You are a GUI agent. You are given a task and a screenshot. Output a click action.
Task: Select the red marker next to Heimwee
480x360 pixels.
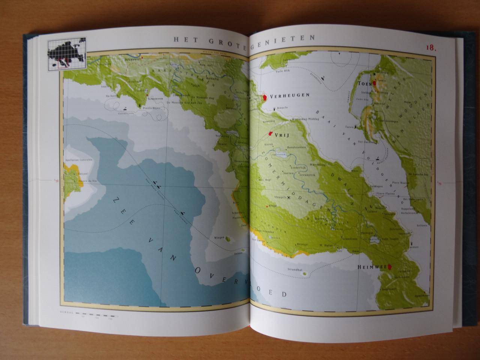pos(390,267)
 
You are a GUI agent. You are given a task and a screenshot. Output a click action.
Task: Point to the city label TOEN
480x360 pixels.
pos(364,84)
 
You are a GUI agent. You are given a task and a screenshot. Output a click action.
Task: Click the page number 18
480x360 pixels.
pos(430,48)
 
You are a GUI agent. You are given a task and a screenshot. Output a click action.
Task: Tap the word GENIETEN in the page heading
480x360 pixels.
pos(285,37)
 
